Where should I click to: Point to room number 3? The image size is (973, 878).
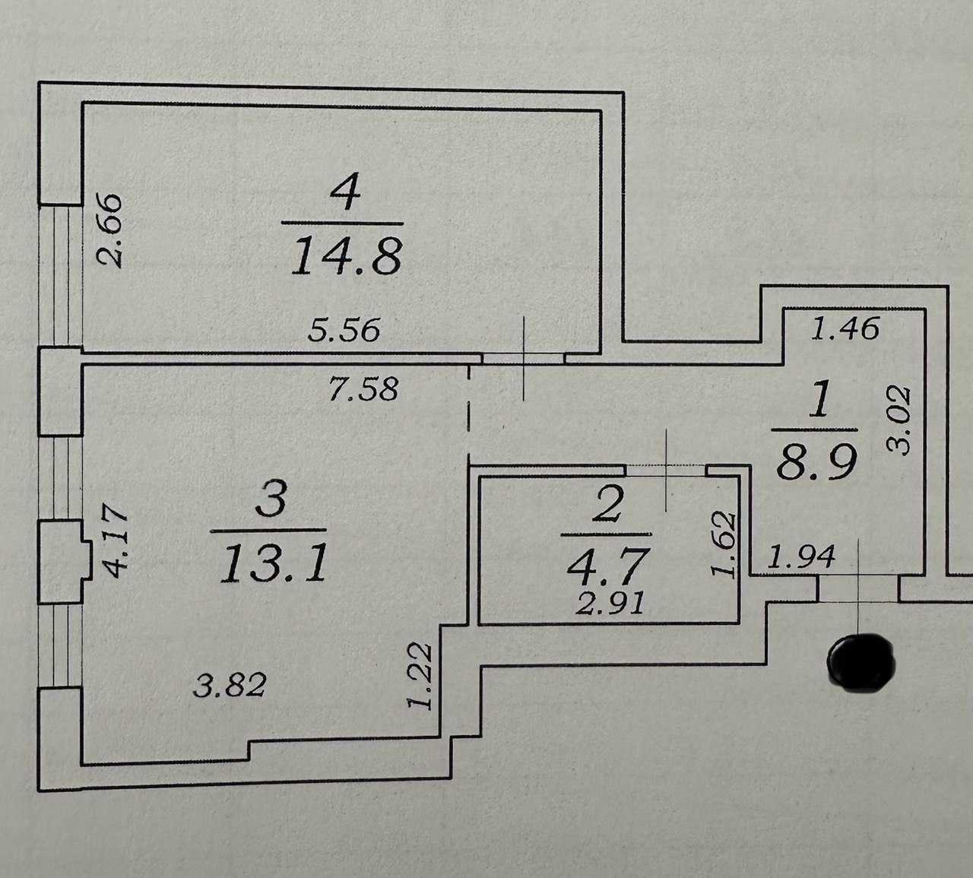(x=272, y=502)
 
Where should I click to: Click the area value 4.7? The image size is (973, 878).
(x=606, y=565)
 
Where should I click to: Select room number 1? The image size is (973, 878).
(x=818, y=404)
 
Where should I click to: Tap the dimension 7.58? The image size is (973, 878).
(x=362, y=389)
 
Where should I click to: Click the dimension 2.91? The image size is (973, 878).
(x=612, y=604)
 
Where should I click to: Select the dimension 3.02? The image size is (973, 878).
(x=900, y=420)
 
